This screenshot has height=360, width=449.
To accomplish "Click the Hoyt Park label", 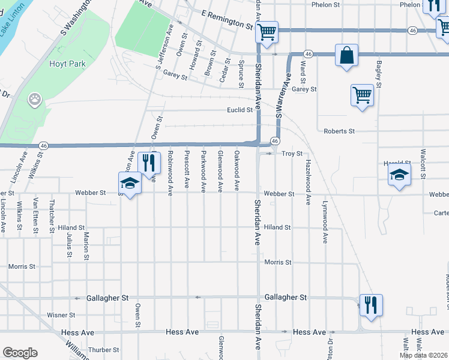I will click(x=68, y=64).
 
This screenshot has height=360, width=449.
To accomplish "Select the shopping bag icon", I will click(x=346, y=56).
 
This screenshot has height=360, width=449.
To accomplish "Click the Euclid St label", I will click(x=239, y=110).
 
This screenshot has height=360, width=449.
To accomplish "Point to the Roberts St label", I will click(x=339, y=131).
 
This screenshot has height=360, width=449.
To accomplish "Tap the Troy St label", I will click(x=292, y=154).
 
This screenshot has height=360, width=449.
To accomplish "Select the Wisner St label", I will click(x=61, y=314).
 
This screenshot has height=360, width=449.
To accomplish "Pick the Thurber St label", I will click(x=104, y=350).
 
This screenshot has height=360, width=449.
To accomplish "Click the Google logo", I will click(x=20, y=353).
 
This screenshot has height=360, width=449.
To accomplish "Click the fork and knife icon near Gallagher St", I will click(x=371, y=304).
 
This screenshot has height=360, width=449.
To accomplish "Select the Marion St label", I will click(x=86, y=245).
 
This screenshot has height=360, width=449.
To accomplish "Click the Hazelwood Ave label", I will click(x=308, y=182).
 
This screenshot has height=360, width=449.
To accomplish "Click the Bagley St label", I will click(x=379, y=73).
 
